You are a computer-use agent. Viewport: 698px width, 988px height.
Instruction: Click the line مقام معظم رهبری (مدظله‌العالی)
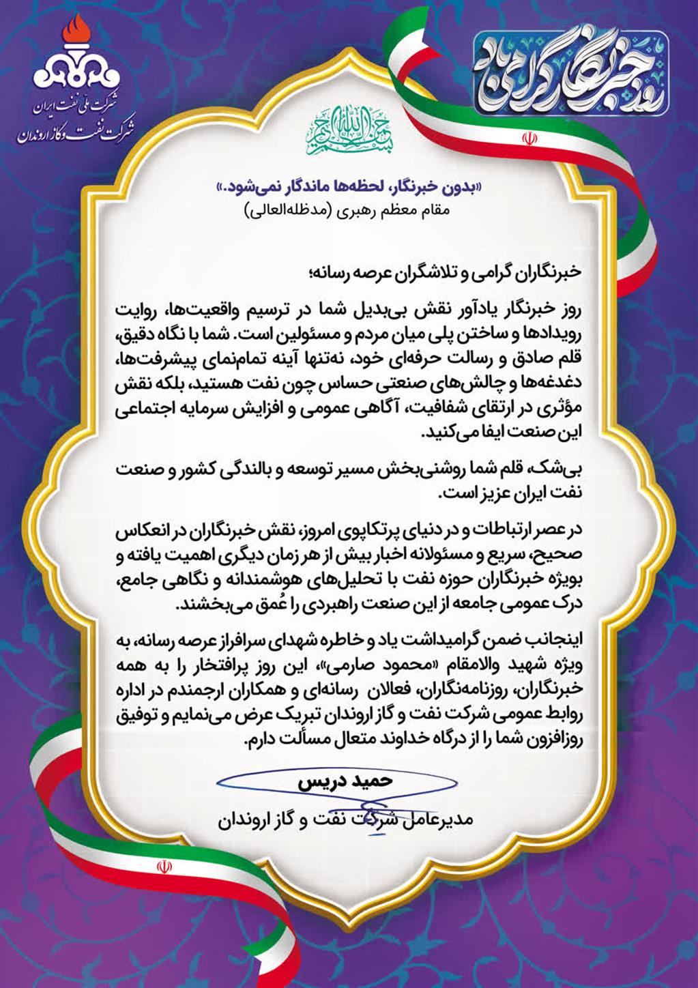[x=348, y=211]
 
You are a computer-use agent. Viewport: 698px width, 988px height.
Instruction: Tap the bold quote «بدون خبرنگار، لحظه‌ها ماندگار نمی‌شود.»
[x=348, y=186]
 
